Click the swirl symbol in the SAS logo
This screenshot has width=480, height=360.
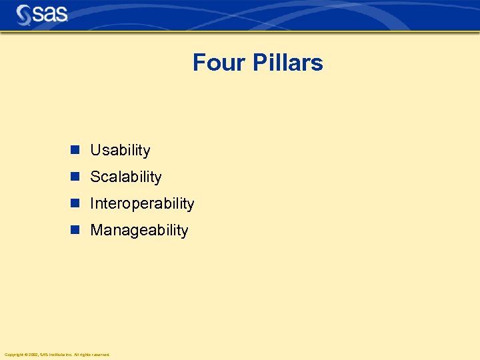pos(24,14)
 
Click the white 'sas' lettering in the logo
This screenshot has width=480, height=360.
pos(51,14)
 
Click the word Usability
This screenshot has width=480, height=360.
pos(120,151)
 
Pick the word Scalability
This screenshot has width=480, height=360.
pos(126,177)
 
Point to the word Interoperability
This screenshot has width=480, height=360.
pos(142,204)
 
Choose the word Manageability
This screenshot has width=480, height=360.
pos(139,231)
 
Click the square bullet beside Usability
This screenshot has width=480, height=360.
pos(75,150)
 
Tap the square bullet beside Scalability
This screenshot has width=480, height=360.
pos(75,177)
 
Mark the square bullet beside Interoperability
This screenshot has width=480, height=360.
pos(75,203)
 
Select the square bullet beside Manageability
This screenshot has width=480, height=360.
pos(75,230)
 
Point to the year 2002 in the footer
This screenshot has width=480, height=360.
pos(32,355)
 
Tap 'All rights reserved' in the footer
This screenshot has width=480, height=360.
pos(92,355)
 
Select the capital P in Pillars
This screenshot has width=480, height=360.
pos(257,63)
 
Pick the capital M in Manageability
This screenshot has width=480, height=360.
pos(96,231)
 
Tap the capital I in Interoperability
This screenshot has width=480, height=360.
pos(92,204)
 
